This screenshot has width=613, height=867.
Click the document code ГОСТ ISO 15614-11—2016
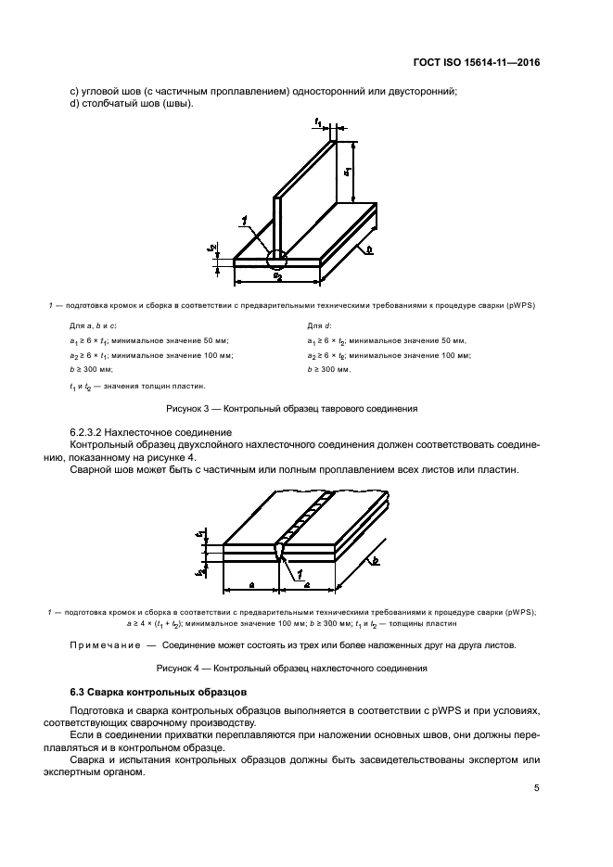[476, 62]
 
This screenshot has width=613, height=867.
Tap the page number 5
[537, 788]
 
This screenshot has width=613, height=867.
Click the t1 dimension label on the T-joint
[318, 121]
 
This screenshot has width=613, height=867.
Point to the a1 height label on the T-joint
[346, 172]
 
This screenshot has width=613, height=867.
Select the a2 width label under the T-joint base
[276, 275]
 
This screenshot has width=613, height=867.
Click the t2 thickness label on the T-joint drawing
[212, 248]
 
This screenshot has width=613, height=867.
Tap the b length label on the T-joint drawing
[370, 249]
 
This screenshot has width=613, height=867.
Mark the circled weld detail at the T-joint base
[276, 252]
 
